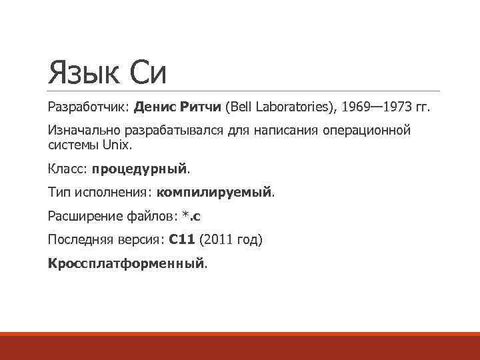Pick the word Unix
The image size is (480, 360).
(x=118, y=144)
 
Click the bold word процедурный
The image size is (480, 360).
(x=139, y=169)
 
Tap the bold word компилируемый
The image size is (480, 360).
(x=214, y=193)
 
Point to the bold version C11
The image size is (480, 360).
(x=181, y=239)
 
